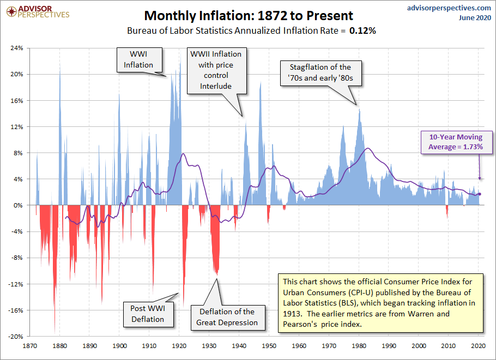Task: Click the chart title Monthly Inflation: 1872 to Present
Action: (248, 15)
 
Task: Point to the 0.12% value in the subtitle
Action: (362, 31)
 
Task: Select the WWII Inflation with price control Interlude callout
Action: (215, 70)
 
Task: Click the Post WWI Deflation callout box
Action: (147, 314)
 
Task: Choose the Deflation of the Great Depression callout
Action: (227, 317)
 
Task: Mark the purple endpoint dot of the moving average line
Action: (479, 194)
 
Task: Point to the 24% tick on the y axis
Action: (16, 48)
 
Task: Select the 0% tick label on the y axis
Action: (18, 205)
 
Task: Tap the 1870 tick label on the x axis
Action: (29, 345)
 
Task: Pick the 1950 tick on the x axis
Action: (269, 345)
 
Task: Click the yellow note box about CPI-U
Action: (381, 303)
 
